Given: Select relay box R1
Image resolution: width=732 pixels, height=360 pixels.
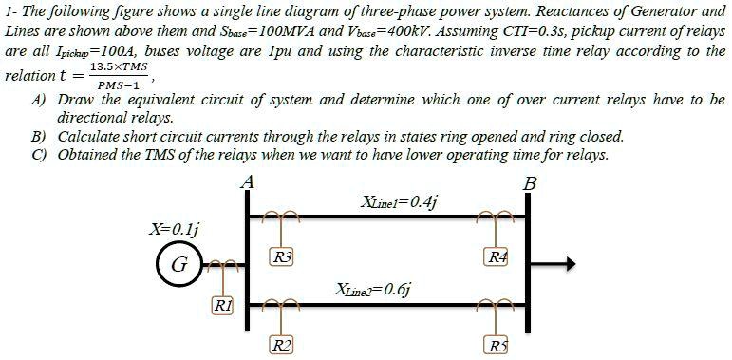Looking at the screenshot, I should click(x=221, y=305).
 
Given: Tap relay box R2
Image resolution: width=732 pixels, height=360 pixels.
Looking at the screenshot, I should click(x=282, y=344).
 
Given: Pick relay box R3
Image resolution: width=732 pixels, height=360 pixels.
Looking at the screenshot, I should click(x=282, y=256).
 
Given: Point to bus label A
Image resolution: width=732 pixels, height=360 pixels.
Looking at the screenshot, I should click(x=249, y=180).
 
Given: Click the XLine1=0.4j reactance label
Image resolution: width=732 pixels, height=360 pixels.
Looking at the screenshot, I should click(x=399, y=201).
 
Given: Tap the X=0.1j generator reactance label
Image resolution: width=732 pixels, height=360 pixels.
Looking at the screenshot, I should click(x=175, y=228).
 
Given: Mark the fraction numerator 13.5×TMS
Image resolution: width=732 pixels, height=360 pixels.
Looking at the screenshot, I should click(x=118, y=69).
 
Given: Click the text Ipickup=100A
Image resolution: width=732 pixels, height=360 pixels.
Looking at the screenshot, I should click(x=73, y=50).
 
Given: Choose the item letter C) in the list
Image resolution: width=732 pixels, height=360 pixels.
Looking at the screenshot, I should click(x=39, y=155).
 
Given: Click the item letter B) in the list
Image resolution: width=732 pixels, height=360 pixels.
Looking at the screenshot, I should click(x=39, y=137).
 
